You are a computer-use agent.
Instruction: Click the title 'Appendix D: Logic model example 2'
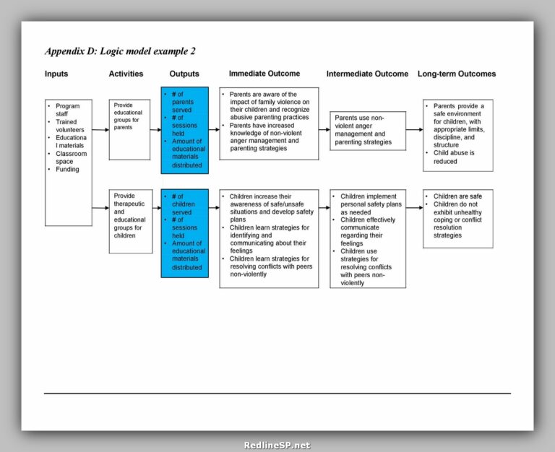pos(120,51)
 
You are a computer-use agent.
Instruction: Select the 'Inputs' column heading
pos(56,74)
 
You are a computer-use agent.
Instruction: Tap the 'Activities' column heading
pos(126,74)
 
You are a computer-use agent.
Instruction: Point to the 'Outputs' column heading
pos(184,74)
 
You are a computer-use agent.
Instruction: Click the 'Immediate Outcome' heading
pos(264,74)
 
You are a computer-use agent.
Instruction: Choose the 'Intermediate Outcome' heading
pos(367,74)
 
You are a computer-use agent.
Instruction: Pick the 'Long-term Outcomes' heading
pos(457,74)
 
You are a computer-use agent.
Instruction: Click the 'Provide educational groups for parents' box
pos(129,129)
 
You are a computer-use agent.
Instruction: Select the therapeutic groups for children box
pos(130,221)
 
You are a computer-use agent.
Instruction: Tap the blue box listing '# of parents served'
pos(184,130)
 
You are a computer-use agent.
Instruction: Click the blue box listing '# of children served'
pos(184,232)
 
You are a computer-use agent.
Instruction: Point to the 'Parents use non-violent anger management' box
pos(366,130)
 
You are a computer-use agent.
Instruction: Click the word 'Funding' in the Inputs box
pos(67,170)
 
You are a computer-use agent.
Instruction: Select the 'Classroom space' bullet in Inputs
pos(70,157)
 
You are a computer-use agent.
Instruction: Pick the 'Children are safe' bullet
pos(457,196)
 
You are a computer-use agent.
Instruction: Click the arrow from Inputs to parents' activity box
pos(100,130)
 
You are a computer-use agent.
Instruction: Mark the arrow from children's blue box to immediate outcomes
pos(214,207)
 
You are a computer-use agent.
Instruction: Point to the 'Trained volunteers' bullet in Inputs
pos(71,126)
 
